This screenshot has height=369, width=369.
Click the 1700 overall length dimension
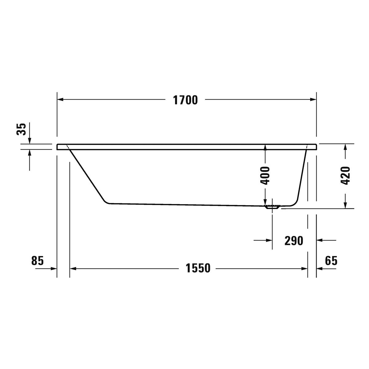(x=185, y=100)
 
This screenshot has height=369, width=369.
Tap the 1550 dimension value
(x=198, y=268)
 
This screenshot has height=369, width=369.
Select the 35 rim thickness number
(x=21, y=129)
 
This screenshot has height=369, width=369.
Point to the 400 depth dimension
(x=265, y=175)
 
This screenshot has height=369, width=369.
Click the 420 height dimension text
(x=345, y=175)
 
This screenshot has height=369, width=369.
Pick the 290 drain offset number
(x=294, y=241)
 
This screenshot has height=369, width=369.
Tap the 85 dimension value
(x=38, y=260)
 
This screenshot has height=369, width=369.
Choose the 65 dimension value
(x=331, y=260)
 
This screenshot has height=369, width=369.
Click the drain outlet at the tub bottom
(x=272, y=207)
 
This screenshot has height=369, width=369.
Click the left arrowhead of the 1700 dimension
(x=60, y=99)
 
